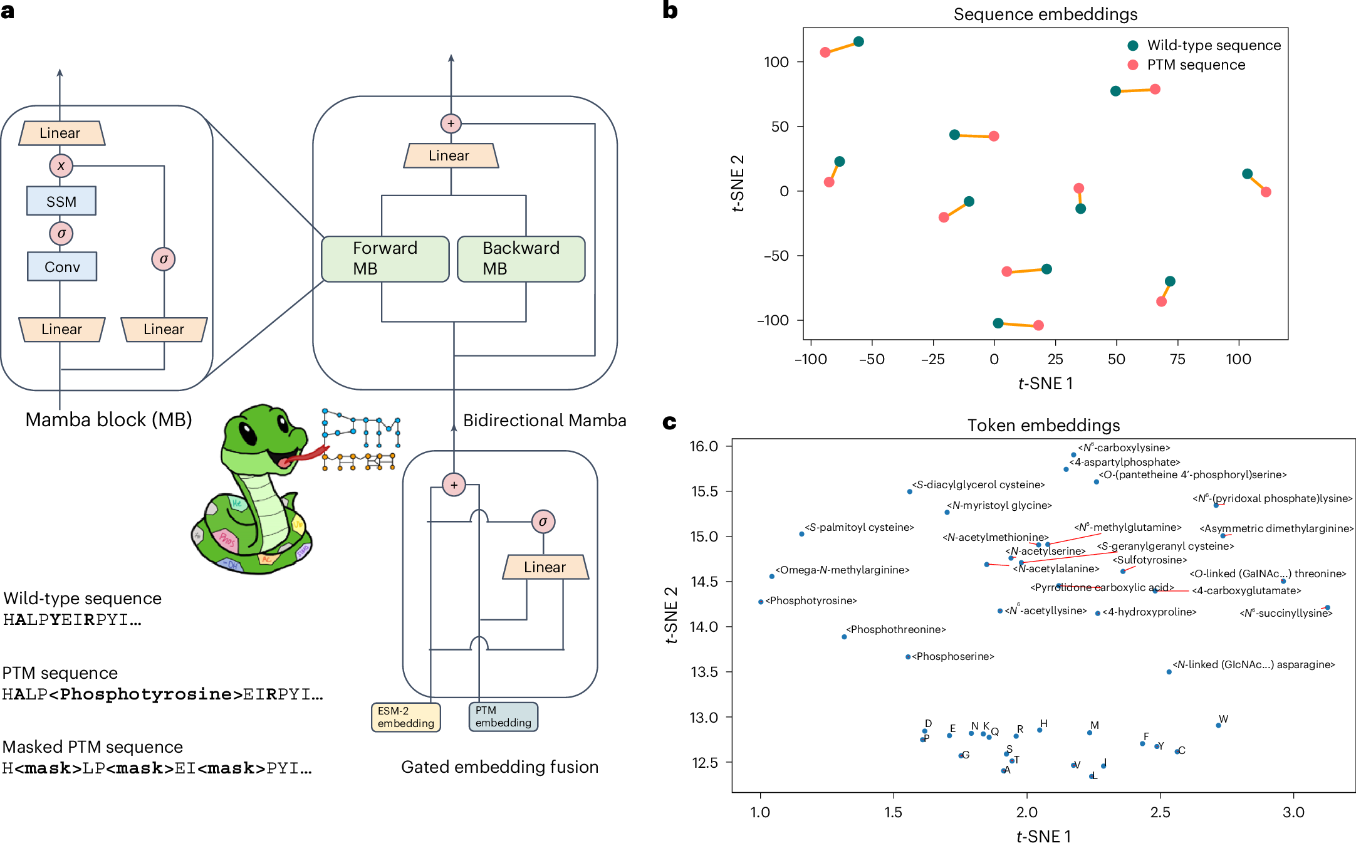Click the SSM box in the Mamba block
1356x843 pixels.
[61, 201]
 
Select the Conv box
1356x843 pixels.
[62, 267]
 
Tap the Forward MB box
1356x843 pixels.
[385, 258]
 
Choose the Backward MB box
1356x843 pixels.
[521, 258]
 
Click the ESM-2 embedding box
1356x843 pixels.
[405, 717]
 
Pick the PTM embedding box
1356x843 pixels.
[503, 716]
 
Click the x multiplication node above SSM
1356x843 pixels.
[61, 166]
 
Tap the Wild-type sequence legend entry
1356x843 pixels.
[1213, 45]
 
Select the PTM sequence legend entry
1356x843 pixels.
[1196, 65]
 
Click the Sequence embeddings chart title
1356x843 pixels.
[1045, 14]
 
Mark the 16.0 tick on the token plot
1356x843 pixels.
[704, 446]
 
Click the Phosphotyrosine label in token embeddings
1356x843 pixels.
[811, 600]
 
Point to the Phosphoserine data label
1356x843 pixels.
[952, 656]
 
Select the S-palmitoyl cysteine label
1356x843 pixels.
[859, 527]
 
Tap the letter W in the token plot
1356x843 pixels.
[1223, 719]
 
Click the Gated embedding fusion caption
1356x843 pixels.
[499, 767]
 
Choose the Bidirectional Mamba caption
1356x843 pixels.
[545, 420]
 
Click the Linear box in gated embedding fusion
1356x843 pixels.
[545, 567]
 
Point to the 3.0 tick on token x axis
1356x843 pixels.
[1293, 812]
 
